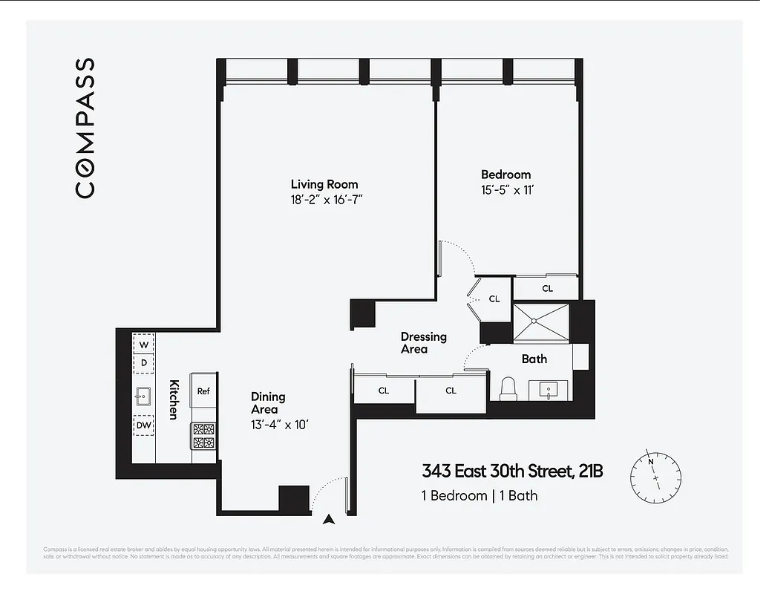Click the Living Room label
[x=324, y=184]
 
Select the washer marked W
[x=144, y=345]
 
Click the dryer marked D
[x=144, y=363]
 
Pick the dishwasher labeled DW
[x=144, y=425]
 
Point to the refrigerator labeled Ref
[x=203, y=391]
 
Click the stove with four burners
[x=203, y=436]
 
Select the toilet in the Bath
[x=508, y=388]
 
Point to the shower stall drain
[x=536, y=321]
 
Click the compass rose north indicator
[x=651, y=461]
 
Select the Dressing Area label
[x=423, y=342]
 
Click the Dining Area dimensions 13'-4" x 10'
[x=279, y=425]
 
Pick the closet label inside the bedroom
[x=547, y=288]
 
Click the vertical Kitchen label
[x=174, y=399]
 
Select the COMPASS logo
[x=85, y=128]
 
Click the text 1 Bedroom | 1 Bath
[x=480, y=495]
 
